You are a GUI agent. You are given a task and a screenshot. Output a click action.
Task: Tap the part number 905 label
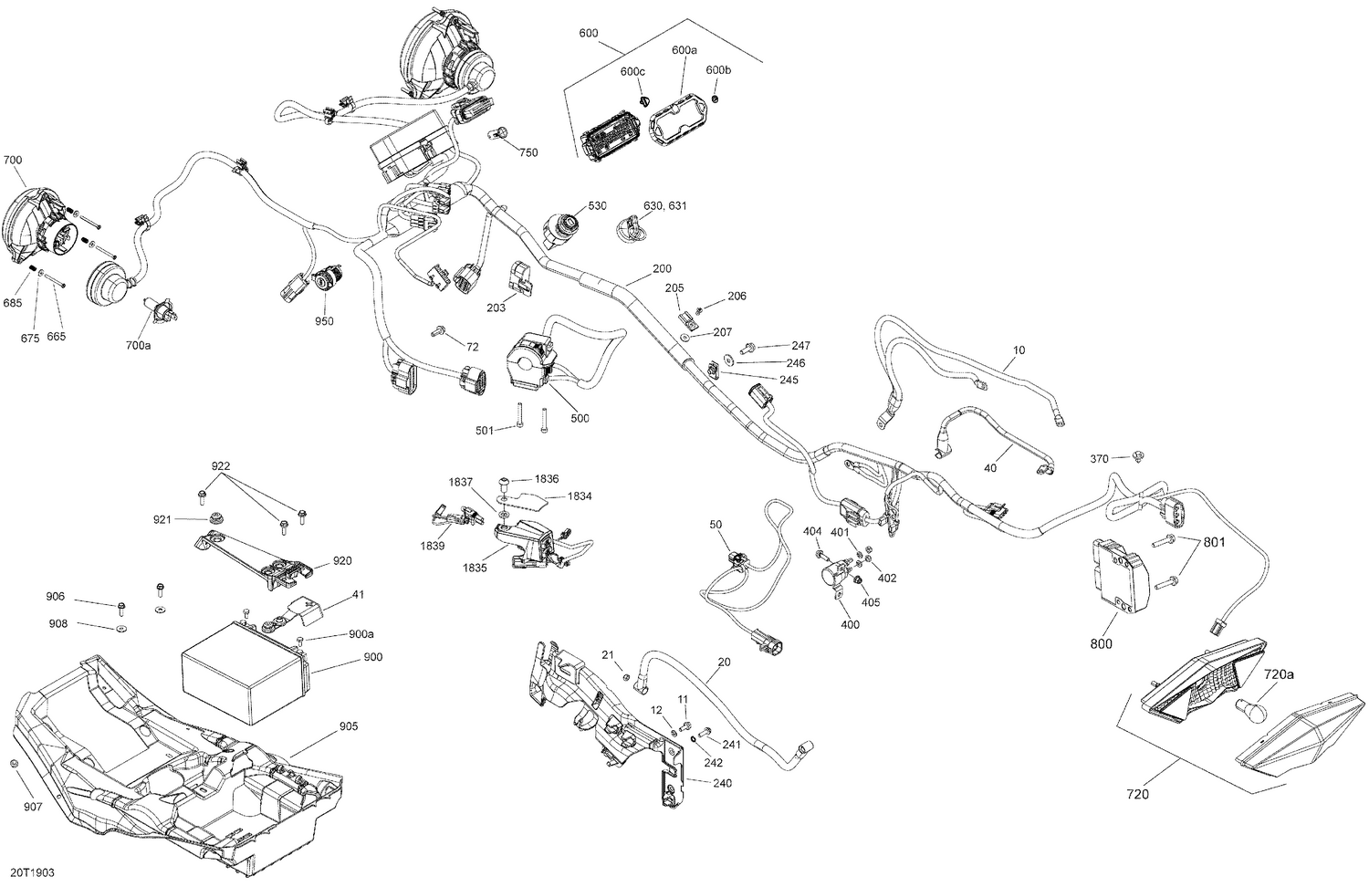[349, 726]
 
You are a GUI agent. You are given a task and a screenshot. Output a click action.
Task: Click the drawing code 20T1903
[36, 873]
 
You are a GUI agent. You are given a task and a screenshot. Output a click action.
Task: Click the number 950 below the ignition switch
[324, 321]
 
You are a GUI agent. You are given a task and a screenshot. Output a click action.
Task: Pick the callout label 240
[722, 783]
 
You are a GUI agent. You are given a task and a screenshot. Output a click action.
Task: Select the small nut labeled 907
[15, 763]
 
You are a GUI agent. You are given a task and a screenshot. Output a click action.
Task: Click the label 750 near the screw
[528, 152]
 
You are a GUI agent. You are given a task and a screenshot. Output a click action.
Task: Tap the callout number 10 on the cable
[1019, 350]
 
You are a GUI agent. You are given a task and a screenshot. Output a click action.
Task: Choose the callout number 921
[162, 519]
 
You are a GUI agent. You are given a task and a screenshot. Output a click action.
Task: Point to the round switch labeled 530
[560, 224]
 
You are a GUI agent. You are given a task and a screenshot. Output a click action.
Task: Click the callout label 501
[486, 431]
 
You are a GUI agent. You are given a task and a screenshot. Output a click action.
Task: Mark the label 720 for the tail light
[1137, 794]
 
